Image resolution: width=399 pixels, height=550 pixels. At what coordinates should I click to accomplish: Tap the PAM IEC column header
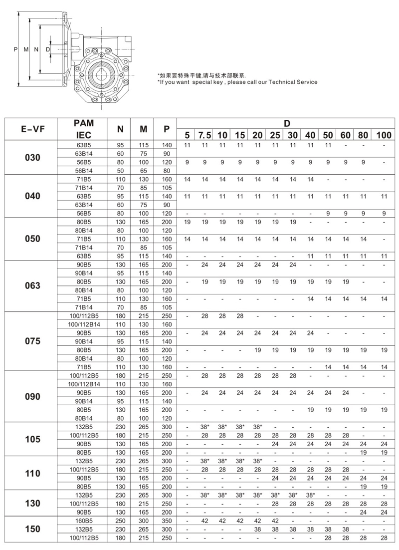[x=83, y=129]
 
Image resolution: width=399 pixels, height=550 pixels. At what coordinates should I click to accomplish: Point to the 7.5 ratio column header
[x=205, y=135]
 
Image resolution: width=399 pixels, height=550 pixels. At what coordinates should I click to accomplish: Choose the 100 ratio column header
[x=384, y=135]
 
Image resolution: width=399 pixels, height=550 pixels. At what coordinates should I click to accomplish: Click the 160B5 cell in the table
[x=83, y=521]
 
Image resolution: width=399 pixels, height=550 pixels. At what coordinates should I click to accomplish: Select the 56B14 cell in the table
[x=83, y=170]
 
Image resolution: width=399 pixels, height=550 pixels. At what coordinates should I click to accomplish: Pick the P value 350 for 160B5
[x=166, y=521]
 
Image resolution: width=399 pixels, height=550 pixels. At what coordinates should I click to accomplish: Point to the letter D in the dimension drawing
[x=48, y=49]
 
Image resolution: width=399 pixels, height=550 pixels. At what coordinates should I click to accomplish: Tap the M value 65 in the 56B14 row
[x=143, y=170]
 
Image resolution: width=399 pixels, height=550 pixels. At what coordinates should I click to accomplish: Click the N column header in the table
[x=120, y=129]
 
